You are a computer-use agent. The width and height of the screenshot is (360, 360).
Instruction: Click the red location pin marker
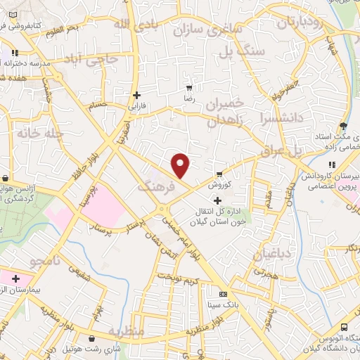[181, 165]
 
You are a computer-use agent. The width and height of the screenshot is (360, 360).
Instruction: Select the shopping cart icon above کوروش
[220, 173]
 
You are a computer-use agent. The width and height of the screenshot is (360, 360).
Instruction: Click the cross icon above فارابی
[136, 95]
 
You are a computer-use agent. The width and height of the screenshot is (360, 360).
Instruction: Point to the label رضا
[188, 99]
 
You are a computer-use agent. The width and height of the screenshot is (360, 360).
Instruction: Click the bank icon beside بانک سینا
[224, 294]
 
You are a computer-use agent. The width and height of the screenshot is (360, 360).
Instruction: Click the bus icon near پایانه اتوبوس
[344, 327]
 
